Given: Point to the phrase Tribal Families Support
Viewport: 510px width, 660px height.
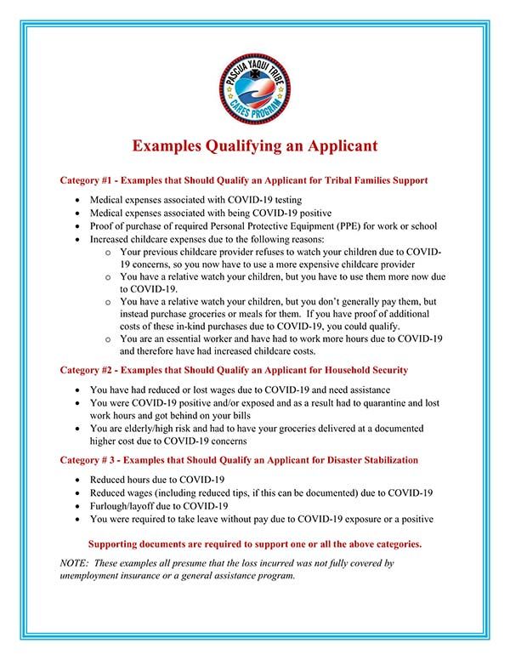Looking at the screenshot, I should click(371, 180).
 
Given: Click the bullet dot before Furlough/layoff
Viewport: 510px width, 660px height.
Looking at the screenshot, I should click(79, 505).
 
